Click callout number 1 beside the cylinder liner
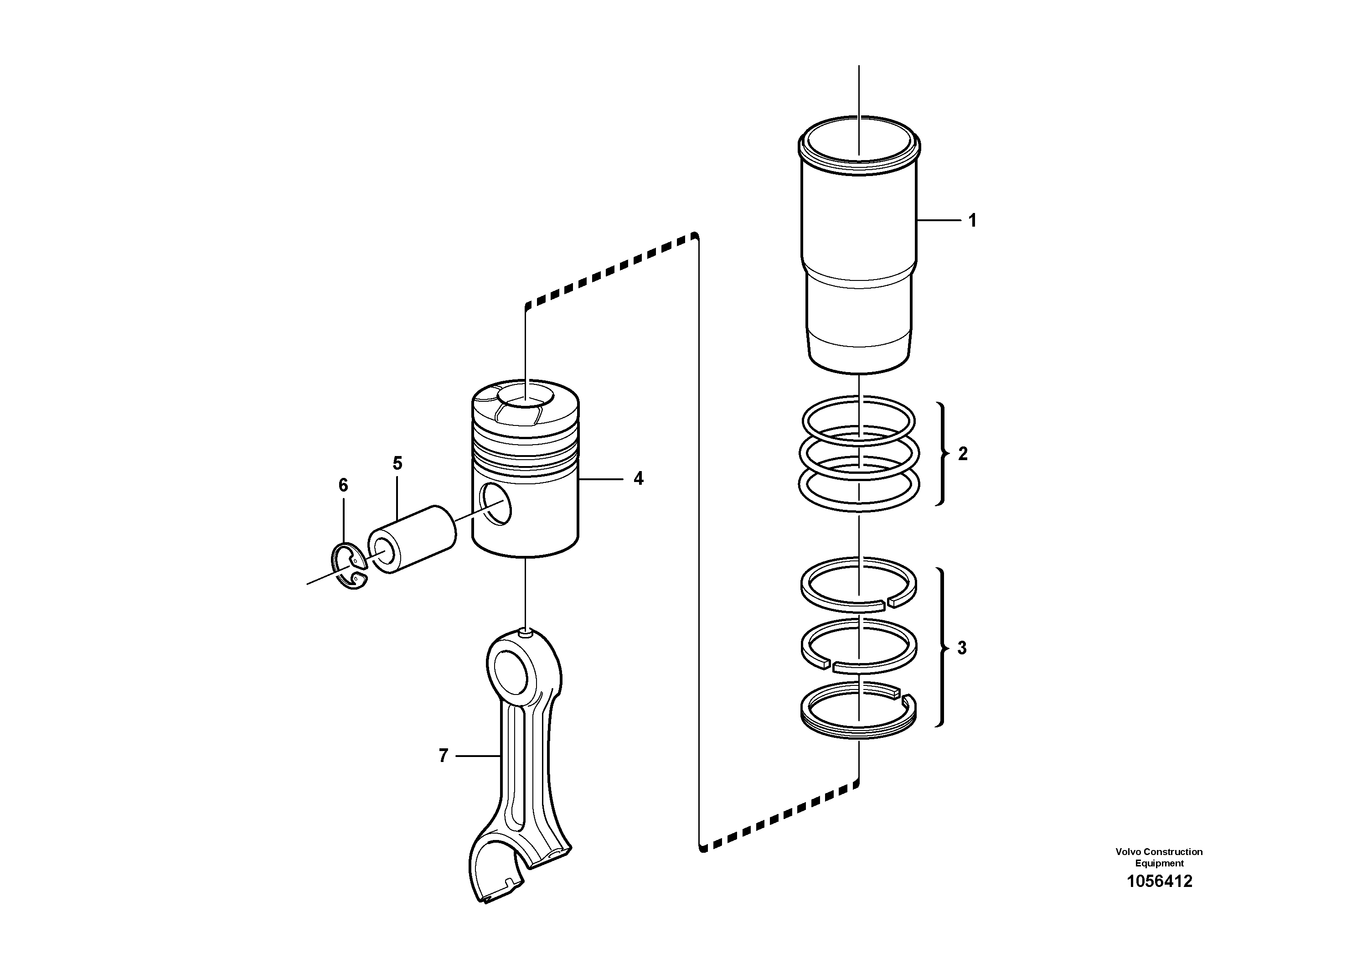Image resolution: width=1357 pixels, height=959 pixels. (x=972, y=221)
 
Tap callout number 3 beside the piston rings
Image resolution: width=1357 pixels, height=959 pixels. (x=962, y=648)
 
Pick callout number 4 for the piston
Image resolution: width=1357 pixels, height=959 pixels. (x=638, y=478)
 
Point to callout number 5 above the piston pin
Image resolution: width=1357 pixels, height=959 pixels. (x=397, y=463)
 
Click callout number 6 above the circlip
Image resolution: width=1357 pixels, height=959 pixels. (x=343, y=485)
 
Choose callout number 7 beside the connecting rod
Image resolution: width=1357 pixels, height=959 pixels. (x=443, y=756)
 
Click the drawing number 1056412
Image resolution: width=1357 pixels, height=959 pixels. (x=1159, y=881)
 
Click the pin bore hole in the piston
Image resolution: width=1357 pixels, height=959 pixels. (x=495, y=503)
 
